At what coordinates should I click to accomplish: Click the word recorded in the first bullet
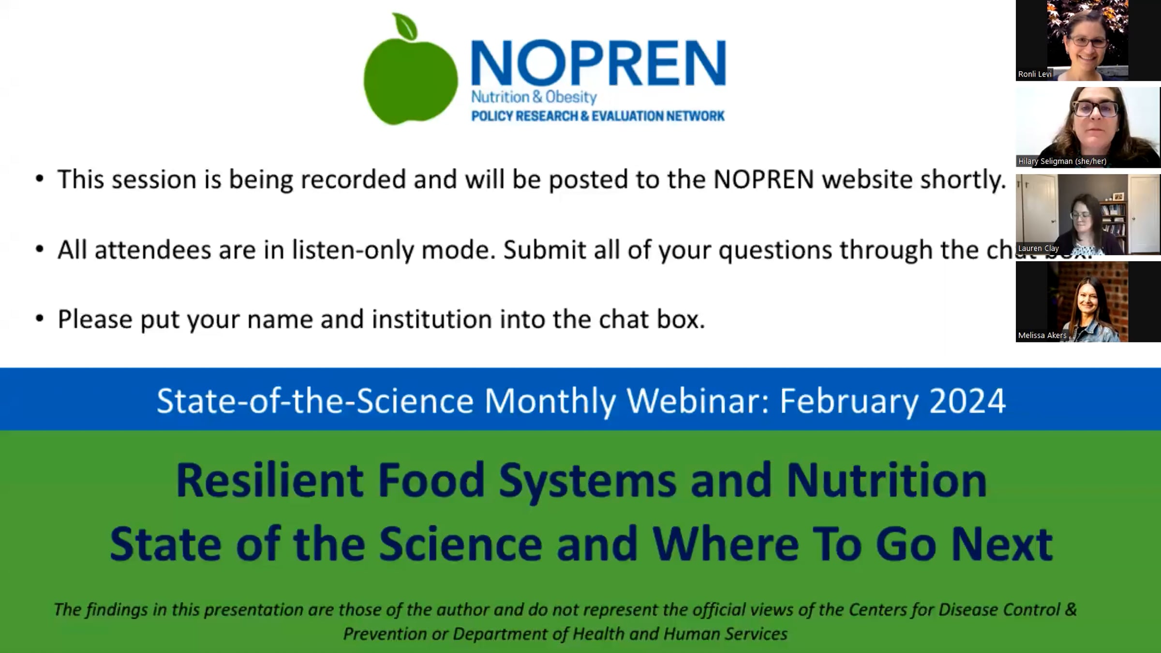click(x=353, y=179)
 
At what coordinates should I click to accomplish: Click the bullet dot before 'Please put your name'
click(x=40, y=318)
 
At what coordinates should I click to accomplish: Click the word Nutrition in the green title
click(x=886, y=480)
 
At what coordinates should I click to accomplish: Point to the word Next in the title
click(x=1002, y=544)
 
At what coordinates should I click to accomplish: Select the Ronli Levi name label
click(x=1035, y=74)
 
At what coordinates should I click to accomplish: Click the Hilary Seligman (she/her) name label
click(x=1062, y=161)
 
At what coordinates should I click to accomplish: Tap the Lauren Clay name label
click(x=1038, y=248)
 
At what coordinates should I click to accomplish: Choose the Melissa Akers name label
click(x=1042, y=335)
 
